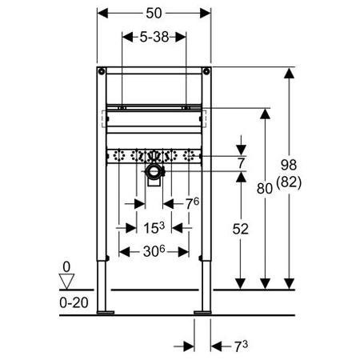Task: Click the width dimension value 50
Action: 154,13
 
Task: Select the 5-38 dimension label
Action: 154,37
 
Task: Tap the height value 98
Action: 289,165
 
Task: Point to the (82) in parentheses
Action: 289,182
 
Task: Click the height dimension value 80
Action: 265,188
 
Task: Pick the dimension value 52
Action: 240,229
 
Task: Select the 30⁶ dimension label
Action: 154,251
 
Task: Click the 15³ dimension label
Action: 154,228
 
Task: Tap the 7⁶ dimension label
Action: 192,204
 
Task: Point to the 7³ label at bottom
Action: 241,346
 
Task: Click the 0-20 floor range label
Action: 74,302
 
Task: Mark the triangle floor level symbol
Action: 66,282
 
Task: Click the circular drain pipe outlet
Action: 154,171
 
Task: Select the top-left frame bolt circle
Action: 102,71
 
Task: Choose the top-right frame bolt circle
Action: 206,71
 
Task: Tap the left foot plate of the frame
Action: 106,313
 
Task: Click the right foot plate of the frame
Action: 202,313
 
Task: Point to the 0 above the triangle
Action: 66,266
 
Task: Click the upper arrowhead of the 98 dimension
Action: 289,73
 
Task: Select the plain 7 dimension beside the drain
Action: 241,163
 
